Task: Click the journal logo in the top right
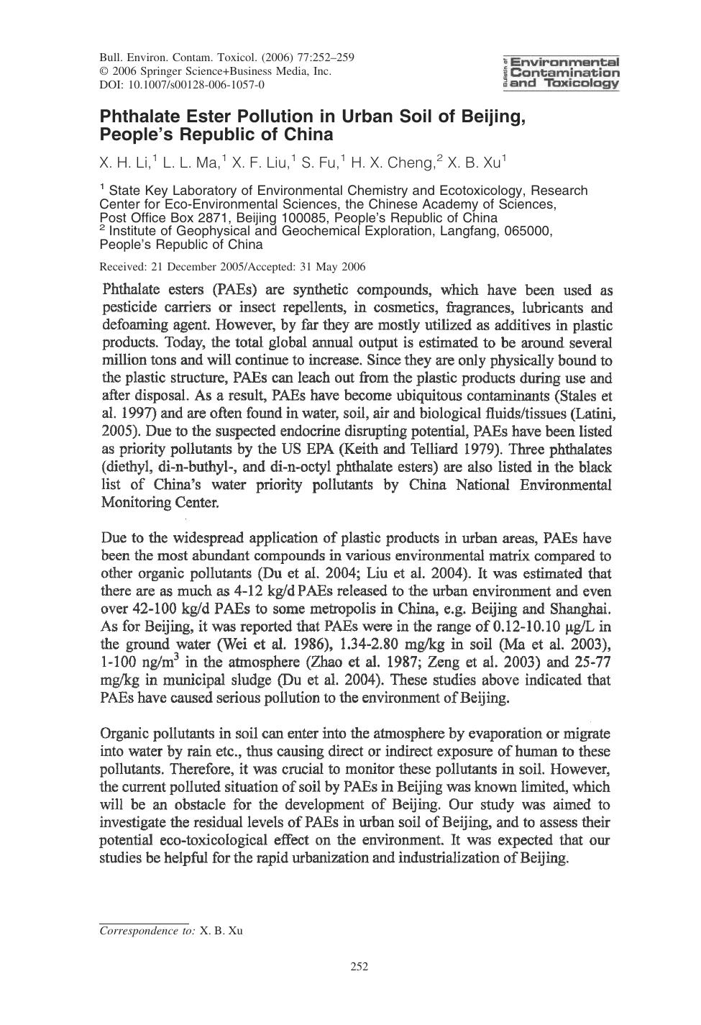563,73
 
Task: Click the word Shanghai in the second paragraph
581,609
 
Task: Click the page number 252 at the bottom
359,967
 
